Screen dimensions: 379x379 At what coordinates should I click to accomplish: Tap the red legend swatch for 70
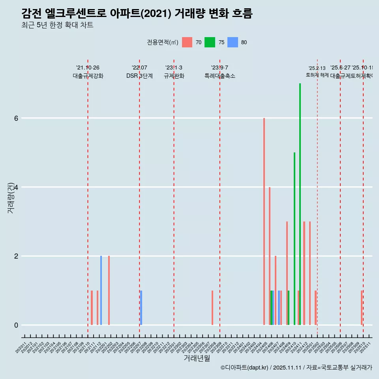187,42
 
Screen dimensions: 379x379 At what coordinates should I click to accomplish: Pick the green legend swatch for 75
210,42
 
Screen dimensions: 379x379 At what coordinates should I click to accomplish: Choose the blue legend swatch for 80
233,42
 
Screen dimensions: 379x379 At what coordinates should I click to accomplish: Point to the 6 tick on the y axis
16,118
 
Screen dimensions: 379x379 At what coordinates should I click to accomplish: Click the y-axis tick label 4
16,187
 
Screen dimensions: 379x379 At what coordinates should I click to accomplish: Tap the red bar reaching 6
264,221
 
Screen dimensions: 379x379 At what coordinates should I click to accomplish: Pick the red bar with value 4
270,257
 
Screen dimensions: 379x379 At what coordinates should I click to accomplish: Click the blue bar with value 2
101,290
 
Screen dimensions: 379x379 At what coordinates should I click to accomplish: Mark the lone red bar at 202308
212,308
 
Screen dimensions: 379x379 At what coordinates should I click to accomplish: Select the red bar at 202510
362,308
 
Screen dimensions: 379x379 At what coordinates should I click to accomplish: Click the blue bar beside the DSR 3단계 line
141,308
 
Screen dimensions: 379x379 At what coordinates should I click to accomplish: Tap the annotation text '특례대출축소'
220,76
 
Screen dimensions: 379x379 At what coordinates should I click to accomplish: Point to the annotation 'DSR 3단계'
139,76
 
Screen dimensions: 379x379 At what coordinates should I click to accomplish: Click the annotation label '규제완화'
174,76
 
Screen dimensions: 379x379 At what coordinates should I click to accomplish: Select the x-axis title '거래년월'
197,358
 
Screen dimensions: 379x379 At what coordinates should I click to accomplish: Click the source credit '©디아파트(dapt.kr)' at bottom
245,368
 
